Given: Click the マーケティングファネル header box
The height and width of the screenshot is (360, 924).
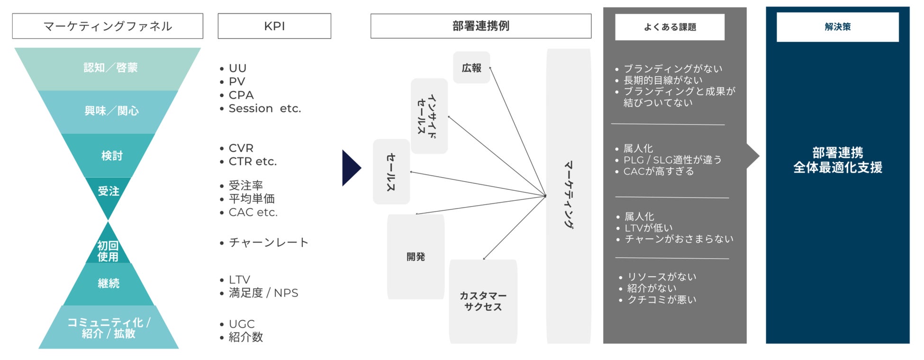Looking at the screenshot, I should [108, 26].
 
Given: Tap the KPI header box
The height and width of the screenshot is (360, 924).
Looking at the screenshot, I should [274, 26].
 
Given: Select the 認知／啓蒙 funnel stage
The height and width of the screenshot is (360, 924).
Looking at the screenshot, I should [110, 68].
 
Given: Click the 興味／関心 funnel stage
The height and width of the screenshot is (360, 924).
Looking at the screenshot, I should [111, 111].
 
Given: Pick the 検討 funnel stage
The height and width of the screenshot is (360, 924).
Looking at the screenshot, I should [111, 156].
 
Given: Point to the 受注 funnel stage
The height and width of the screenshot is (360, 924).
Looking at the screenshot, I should [109, 191].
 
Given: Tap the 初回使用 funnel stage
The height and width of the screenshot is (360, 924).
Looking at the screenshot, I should [108, 251].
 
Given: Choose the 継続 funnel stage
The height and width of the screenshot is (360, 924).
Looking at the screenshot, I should [109, 283].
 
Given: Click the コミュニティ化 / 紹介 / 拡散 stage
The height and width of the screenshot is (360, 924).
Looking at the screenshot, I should [109, 328].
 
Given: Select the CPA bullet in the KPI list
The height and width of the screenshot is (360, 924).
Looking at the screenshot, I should [241, 95].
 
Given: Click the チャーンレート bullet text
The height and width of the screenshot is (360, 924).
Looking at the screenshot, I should [268, 243].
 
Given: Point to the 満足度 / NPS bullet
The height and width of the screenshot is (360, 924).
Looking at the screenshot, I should [263, 293].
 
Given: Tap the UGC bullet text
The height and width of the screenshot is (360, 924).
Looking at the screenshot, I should [242, 324].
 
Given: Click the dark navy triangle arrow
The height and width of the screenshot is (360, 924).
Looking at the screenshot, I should [351, 168].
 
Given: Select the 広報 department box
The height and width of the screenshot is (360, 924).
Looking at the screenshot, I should [471, 68].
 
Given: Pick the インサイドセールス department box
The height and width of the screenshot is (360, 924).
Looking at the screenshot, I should [429, 116].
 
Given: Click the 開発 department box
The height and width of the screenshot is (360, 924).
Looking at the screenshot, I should [416, 257].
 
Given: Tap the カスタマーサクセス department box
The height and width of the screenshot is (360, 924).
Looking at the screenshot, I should [483, 301].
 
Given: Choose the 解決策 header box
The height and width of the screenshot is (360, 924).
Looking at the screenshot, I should [837, 27].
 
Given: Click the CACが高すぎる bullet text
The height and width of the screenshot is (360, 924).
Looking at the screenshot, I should [658, 171].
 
